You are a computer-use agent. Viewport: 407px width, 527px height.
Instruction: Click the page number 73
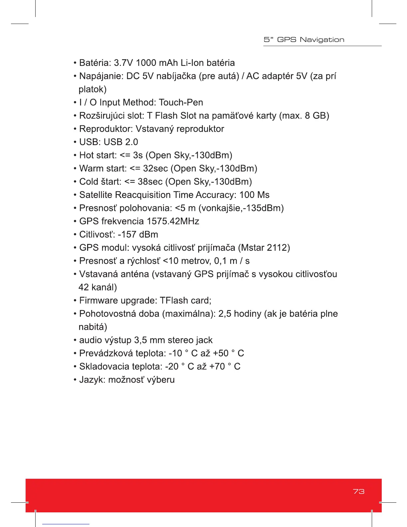[x=358, y=491]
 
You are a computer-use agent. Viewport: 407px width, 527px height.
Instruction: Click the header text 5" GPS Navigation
[x=304, y=40]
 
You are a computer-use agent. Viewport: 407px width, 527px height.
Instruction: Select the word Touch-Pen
[x=181, y=102]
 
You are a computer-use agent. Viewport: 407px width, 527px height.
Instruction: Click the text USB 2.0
[x=121, y=142]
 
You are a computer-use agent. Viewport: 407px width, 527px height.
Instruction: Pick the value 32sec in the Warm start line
[x=155, y=169]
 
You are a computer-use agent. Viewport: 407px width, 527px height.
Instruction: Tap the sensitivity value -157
[x=127, y=235]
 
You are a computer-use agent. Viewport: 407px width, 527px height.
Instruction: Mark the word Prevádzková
[x=106, y=353]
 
